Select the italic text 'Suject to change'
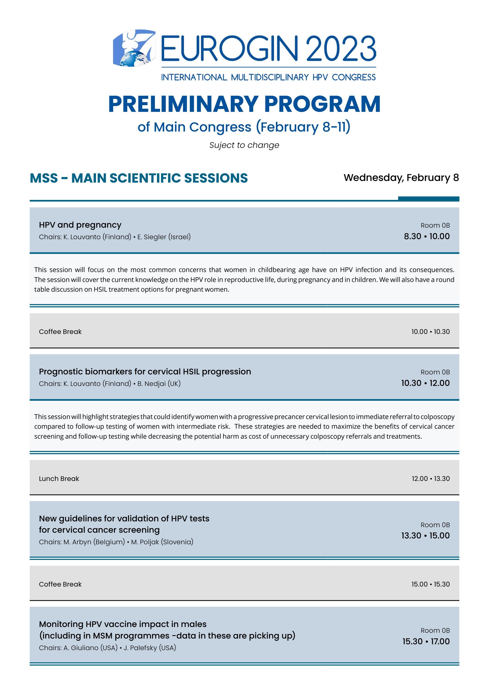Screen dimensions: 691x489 coord(244,145)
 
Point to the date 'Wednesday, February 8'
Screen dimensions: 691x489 coord(401,177)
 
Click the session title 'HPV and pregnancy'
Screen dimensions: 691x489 coord(80,225)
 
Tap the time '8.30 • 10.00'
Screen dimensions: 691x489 coord(427,236)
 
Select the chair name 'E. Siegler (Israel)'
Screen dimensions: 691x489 coord(164,237)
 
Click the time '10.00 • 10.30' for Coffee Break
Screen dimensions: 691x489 coord(431,331)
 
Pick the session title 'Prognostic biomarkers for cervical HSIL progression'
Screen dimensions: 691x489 coord(145,371)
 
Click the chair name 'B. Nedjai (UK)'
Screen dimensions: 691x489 coord(159,384)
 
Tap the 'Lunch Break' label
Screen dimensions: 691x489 coord(59,479)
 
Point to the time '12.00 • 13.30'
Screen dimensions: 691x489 coord(431,479)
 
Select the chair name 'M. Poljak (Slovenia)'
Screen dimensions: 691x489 coord(162,542)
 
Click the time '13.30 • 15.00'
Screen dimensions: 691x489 coord(425,536)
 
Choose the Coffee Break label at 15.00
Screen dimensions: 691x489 coord(60,584)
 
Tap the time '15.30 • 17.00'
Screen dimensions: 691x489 coord(426,641)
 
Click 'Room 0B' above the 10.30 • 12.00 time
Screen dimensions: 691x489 coord(435,372)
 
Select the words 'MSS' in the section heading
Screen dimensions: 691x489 coord(44,178)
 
